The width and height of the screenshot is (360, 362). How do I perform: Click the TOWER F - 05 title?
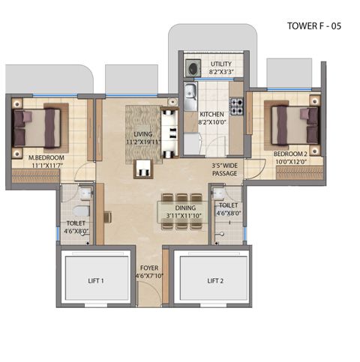[x=314, y=26]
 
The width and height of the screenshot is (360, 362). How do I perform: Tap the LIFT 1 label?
[x=96, y=281]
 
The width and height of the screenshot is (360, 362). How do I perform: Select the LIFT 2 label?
[x=215, y=281]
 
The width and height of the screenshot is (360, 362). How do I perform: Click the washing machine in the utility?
[x=193, y=67]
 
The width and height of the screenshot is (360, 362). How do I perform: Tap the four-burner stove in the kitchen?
[x=236, y=106]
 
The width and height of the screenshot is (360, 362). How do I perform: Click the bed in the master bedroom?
[x=37, y=127]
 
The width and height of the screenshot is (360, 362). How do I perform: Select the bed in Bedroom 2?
[x=295, y=125]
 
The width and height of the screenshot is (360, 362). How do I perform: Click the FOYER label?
[x=149, y=268]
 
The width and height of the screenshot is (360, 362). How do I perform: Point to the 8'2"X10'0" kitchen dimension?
[x=211, y=122]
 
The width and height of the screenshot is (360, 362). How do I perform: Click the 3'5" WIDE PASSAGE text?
[x=224, y=169]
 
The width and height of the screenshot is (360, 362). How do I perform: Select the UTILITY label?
[x=221, y=64]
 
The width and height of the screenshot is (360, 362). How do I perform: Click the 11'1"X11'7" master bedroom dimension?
[x=47, y=165]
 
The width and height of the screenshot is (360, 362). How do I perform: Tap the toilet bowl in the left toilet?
[x=82, y=211]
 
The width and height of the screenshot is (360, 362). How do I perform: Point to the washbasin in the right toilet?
[x=220, y=193]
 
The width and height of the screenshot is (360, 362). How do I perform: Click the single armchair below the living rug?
[x=143, y=169]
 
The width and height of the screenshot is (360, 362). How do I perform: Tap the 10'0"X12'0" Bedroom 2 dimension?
[x=291, y=162]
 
